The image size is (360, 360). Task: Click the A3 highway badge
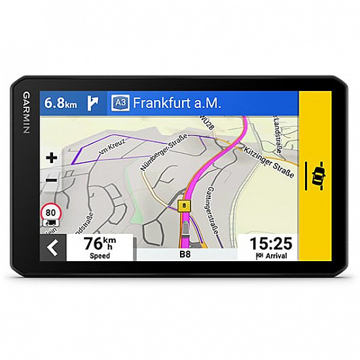click(120, 103)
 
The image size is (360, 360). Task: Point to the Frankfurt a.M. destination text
click(177, 103)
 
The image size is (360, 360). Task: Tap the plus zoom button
click(51, 157)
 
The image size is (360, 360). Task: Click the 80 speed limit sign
click(50, 212)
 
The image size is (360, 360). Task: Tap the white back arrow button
click(53, 247)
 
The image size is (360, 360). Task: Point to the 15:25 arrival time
click(270, 243)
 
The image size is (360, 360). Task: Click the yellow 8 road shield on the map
click(185, 205)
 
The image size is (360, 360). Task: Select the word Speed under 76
click(100, 256)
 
